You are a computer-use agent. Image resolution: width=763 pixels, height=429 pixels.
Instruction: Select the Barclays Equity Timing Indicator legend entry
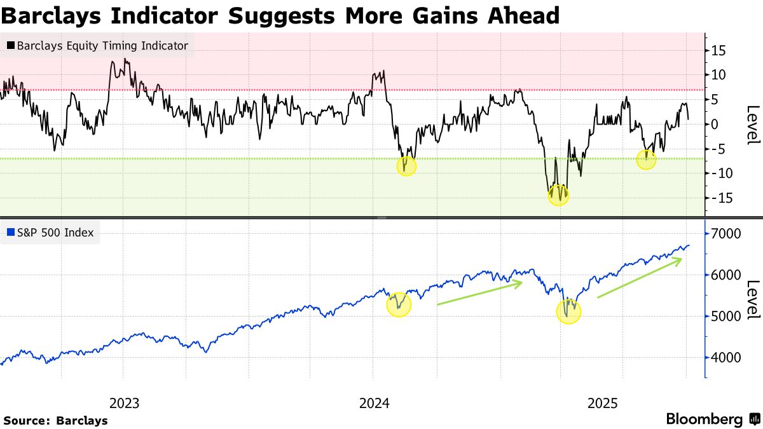pyautogui.click(x=102, y=46)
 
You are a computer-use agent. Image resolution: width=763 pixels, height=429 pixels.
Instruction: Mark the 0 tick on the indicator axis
pyautogui.click(x=716, y=124)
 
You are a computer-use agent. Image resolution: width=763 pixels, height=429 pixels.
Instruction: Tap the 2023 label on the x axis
pyautogui.click(x=125, y=403)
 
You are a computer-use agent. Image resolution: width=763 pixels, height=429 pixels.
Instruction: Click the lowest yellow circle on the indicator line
pyautogui.click(x=559, y=194)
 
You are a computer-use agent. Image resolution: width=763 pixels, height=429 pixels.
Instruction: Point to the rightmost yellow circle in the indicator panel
pyautogui.click(x=646, y=160)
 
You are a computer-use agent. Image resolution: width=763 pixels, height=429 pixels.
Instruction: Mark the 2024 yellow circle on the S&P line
pyautogui.click(x=399, y=305)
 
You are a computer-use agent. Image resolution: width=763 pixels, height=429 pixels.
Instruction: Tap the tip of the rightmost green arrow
pyautogui.click(x=682, y=259)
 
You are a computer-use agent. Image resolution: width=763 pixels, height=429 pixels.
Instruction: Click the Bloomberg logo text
pyautogui.click(x=704, y=419)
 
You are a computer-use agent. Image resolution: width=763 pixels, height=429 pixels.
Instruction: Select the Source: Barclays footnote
pyautogui.click(x=55, y=420)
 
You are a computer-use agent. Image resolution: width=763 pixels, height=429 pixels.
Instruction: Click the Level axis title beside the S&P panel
pyautogui.click(x=752, y=300)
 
